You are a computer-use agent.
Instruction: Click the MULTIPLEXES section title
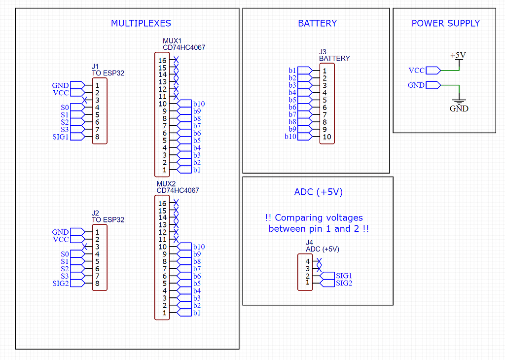(x=141, y=23)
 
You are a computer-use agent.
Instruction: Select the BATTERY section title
(x=317, y=23)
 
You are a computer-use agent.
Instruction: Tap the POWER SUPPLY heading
(x=445, y=23)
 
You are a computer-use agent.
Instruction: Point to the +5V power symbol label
(x=458, y=55)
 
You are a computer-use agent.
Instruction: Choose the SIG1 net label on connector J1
(x=61, y=137)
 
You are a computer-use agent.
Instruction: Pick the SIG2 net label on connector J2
(x=61, y=283)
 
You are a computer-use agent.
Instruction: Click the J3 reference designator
(x=323, y=52)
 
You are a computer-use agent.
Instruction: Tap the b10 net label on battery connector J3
(x=290, y=137)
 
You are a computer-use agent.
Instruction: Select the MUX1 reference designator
(x=172, y=41)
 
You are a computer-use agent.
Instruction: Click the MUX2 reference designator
(x=166, y=183)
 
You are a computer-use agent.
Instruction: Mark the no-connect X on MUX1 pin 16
(x=176, y=60)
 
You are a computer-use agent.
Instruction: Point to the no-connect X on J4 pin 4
(x=319, y=261)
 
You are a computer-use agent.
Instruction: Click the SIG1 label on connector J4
(x=344, y=276)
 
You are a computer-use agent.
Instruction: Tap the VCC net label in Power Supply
(x=417, y=71)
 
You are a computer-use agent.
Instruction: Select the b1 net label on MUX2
(x=197, y=313)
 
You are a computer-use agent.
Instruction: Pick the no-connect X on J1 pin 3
(x=85, y=100)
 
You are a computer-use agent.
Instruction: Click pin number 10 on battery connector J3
(x=326, y=137)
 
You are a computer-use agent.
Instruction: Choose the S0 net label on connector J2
(x=65, y=253)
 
